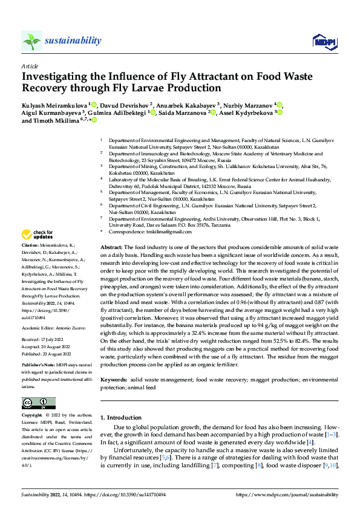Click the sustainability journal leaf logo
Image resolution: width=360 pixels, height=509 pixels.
pos(32,41)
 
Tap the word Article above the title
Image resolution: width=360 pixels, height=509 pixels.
pos(29,66)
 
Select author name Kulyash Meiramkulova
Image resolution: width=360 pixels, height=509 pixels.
pos(54,105)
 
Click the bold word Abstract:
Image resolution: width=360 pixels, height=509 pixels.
pos(111,248)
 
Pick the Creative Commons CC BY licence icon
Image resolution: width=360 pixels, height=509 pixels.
pos(38,403)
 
